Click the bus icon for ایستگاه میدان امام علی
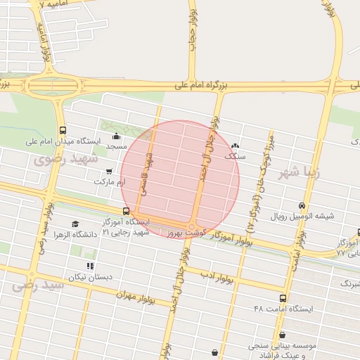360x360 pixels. coord(63,130)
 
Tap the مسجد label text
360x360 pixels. coord(116,147)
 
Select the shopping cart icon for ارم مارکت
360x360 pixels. coord(108,171)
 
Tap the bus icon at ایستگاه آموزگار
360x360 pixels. coord(126,210)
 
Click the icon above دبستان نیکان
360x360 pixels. coord(89,266)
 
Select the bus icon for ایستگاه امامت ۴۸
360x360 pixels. coord(283,298)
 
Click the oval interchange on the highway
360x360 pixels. coord(52,86)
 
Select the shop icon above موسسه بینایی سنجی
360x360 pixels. coord(283,335)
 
